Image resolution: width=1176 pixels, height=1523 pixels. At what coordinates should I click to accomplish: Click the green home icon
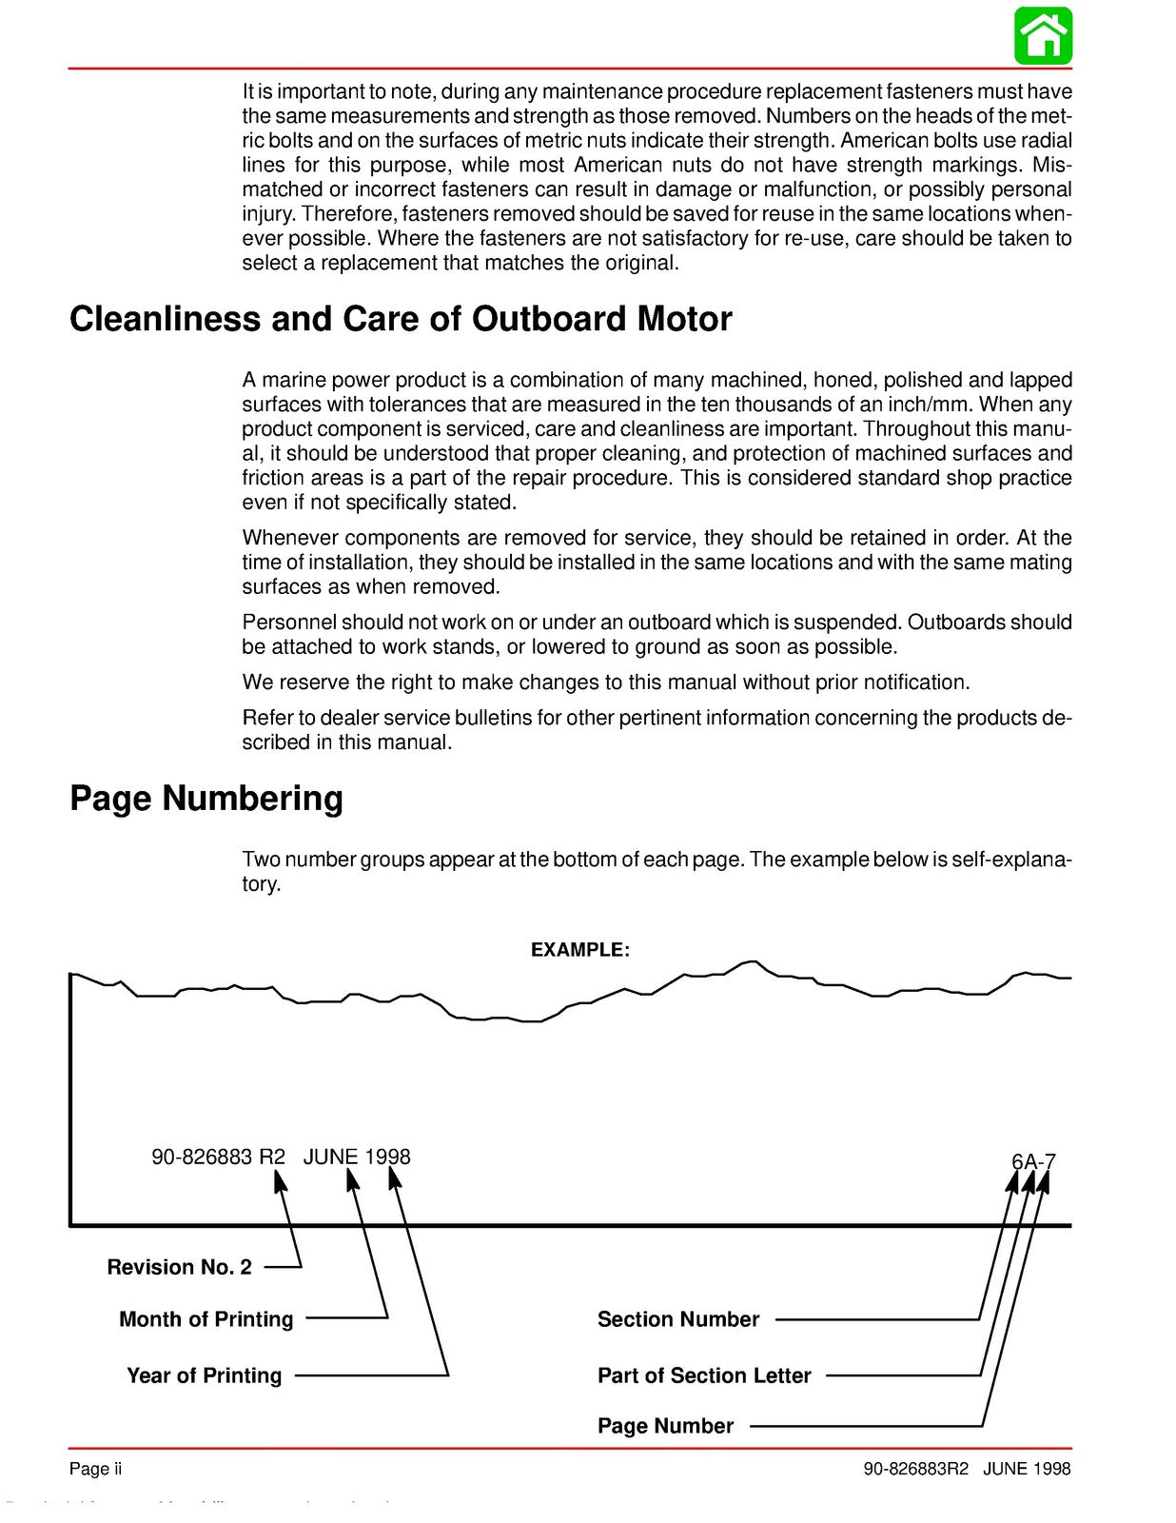[x=1043, y=35]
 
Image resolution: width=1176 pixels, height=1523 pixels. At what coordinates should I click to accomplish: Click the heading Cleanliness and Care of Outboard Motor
[x=401, y=319]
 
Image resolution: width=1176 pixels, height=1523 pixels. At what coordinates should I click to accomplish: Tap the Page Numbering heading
[x=206, y=798]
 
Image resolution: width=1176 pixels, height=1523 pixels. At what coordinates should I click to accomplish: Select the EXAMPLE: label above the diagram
[x=579, y=950]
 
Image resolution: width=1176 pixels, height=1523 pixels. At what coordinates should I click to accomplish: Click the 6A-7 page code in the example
[x=1033, y=1162]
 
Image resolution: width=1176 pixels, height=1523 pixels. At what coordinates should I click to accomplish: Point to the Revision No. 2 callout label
[x=179, y=1267]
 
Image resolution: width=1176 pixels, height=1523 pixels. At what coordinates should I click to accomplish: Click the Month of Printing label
[x=206, y=1319]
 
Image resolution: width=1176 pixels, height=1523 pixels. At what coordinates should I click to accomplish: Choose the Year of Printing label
[x=204, y=1375]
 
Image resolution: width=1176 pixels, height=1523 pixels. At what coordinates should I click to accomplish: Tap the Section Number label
[x=677, y=1319]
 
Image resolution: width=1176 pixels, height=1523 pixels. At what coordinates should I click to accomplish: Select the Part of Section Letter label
[x=704, y=1375]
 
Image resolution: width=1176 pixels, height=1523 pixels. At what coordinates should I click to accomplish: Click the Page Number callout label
[x=665, y=1426]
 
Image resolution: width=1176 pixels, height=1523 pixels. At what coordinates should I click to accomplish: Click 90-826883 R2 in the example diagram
[x=218, y=1157]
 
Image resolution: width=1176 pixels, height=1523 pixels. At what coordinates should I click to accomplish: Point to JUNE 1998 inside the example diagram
[x=357, y=1157]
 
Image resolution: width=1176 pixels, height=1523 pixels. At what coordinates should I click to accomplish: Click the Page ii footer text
[x=95, y=1469]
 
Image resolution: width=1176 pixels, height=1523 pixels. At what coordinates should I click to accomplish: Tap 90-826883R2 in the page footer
[x=915, y=1469]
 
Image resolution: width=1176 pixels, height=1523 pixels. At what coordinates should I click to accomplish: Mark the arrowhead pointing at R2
[x=280, y=1181]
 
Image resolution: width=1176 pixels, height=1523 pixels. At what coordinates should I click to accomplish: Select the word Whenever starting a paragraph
[x=288, y=538]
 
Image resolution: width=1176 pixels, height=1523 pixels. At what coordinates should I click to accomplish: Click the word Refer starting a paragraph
[x=266, y=718]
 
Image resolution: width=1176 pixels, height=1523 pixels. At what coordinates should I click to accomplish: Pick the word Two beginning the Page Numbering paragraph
[x=261, y=860]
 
